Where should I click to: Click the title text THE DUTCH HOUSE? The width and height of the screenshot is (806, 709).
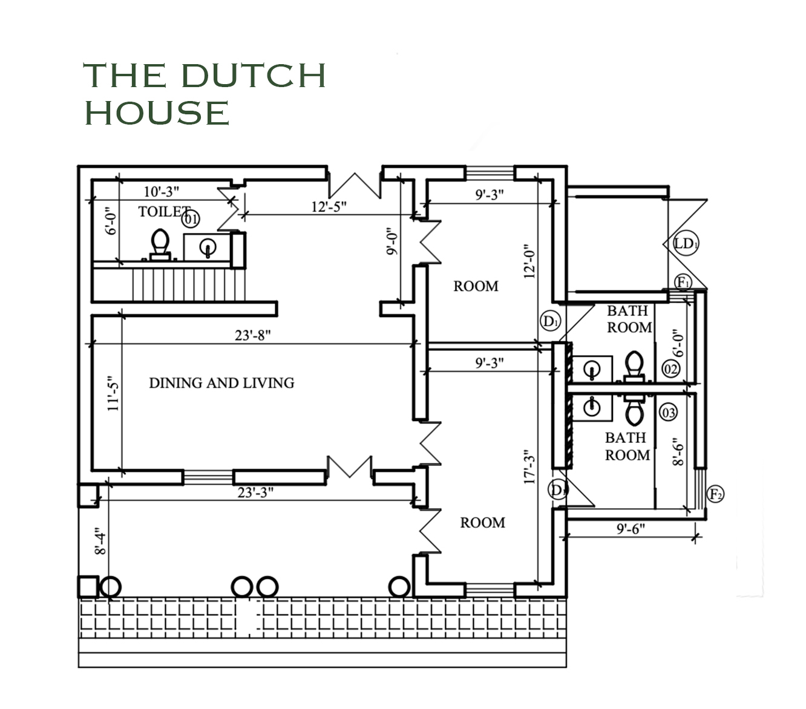pos(205,94)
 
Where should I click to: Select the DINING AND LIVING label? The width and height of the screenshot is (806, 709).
pos(221,383)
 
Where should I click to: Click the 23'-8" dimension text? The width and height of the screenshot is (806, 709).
pos(252,335)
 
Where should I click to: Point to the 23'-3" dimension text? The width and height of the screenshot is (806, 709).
pos(255,492)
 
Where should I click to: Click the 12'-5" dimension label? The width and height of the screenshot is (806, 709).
pos(329,206)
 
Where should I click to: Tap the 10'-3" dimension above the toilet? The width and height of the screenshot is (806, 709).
pos(161,192)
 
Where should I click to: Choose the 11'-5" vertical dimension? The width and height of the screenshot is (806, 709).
pos(113,393)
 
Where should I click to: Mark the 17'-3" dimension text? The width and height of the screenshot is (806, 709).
pos(530,466)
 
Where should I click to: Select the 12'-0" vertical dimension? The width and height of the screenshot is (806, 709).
pos(530,261)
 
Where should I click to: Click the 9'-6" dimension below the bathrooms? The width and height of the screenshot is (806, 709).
pos(631,529)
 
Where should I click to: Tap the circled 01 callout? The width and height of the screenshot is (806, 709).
pos(191,219)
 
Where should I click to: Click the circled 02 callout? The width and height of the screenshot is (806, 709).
pos(670,369)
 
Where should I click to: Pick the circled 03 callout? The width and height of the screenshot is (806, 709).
pos(669,413)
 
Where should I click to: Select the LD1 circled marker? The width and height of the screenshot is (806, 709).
pos(685,243)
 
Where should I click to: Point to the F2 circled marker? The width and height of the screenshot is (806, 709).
pos(715,494)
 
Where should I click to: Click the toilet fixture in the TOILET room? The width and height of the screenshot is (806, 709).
pos(160,244)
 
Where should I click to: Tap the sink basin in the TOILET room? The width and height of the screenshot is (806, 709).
pos(208,247)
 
